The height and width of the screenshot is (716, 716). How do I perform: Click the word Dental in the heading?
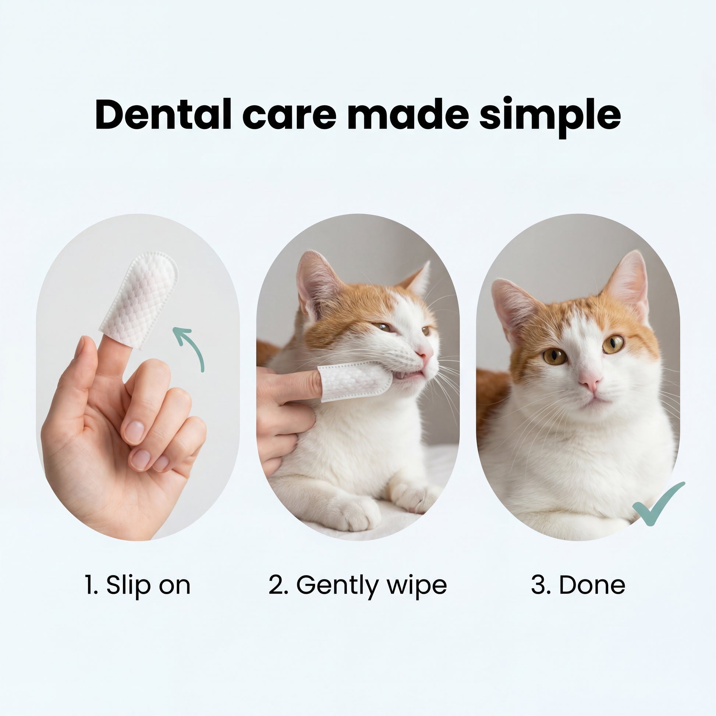point(163,114)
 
